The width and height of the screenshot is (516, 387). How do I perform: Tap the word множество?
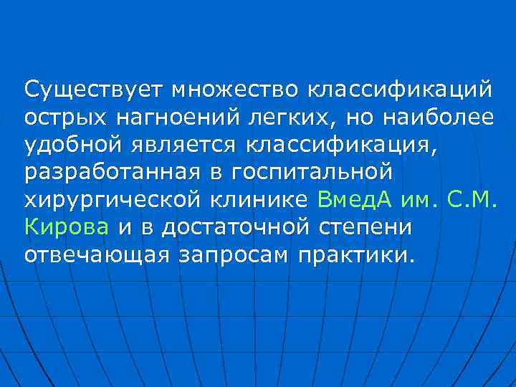click(x=236, y=91)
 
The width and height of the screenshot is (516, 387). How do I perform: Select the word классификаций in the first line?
click(x=401, y=91)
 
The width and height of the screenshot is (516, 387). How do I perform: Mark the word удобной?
click(x=73, y=145)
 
